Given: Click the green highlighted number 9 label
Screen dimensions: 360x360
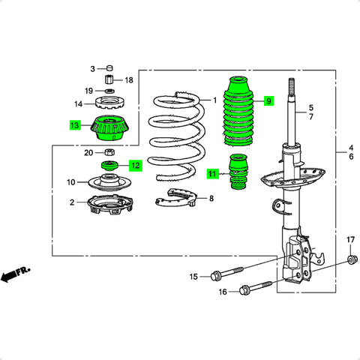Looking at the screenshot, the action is pos(268,101).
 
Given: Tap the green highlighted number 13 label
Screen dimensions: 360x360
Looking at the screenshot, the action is pos(75,125).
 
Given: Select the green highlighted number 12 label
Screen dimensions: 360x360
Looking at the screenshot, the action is pos(136,166).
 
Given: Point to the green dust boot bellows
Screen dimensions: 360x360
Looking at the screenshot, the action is pos(238,111).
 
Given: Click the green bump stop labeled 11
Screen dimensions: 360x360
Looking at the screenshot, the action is pos(238,172).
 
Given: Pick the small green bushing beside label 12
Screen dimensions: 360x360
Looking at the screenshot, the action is pos(109,166).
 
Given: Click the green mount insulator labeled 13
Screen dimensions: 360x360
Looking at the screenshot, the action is pos(109,128).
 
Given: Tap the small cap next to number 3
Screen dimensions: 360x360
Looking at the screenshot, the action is pos(109,67).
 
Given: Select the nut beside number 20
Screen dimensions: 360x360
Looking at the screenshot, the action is pos(109,152).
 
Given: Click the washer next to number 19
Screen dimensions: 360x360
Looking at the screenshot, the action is pos(109,91).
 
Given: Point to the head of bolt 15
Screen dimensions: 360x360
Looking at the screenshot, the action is pos(215,276).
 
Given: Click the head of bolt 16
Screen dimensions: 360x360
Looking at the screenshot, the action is pos(244,290).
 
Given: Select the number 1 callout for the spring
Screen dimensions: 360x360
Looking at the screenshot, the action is pos(214,100).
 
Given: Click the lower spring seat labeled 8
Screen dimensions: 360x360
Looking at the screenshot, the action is pos(175,200).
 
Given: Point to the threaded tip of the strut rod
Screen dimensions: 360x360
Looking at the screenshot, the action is pos(292,86).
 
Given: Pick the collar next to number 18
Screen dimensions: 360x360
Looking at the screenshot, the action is pos(109,79).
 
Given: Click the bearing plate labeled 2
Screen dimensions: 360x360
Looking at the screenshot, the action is pos(110,205).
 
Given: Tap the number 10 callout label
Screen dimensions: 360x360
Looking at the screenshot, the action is pos(71,182).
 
